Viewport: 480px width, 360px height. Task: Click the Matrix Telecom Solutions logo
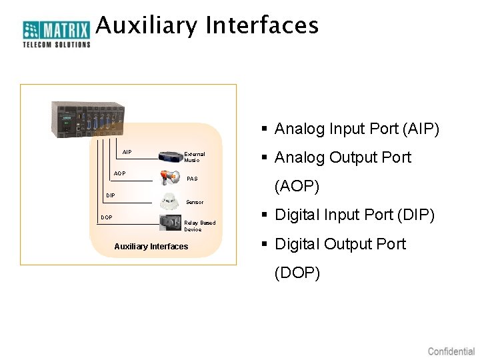pos(57,33)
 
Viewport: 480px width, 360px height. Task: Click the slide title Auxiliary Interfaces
pos(207,26)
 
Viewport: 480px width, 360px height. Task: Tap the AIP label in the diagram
pos(127,153)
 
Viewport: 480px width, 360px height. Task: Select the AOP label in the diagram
pos(119,173)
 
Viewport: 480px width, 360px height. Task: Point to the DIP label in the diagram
pos(111,195)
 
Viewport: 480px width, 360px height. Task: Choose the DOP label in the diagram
pos(107,217)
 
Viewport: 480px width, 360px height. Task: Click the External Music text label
pos(194,157)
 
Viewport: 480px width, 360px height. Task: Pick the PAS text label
pos(192,179)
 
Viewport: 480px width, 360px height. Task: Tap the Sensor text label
pos(195,202)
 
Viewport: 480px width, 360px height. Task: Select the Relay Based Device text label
pos(199,226)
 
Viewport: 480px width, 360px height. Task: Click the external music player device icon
pos(171,156)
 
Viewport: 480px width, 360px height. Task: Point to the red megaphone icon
pos(170,177)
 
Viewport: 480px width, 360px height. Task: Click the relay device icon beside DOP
pos(170,223)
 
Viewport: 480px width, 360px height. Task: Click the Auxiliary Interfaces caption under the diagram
pos(151,247)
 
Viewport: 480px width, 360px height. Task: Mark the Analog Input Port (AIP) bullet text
pos(357,129)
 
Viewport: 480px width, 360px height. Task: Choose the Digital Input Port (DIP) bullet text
pos(355,215)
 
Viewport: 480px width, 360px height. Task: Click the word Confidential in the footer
pos(451,351)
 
